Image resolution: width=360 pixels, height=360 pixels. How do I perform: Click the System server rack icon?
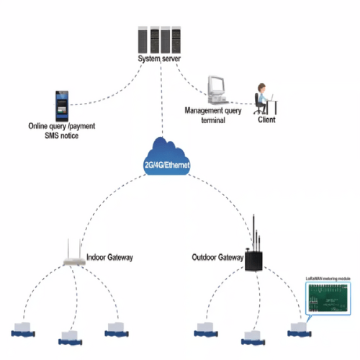pos(158,39)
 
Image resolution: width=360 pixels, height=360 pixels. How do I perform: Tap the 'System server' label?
pos(160,59)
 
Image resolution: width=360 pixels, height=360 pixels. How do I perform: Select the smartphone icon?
pos(62,105)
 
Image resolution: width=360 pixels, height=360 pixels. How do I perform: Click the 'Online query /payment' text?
pos(63,127)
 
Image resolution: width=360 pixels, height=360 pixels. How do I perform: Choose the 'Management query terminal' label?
pos(214,115)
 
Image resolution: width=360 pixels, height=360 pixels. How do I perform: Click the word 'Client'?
pos(266,120)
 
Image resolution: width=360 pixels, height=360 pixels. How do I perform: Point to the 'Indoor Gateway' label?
pos(109,257)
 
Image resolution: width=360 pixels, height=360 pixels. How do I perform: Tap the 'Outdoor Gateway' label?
pos(217,257)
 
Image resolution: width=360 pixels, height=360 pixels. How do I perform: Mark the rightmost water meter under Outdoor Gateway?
pos(299,330)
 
